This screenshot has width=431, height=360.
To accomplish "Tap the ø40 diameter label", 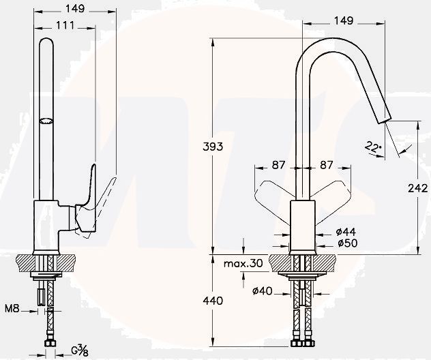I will coord(263,292).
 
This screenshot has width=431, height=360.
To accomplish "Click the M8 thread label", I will coord(12,311).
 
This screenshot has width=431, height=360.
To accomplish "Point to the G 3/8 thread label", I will coord(80,351).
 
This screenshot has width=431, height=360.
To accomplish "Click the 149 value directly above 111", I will coord(76,10).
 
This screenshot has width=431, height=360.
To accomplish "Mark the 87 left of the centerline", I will coord(280,164).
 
